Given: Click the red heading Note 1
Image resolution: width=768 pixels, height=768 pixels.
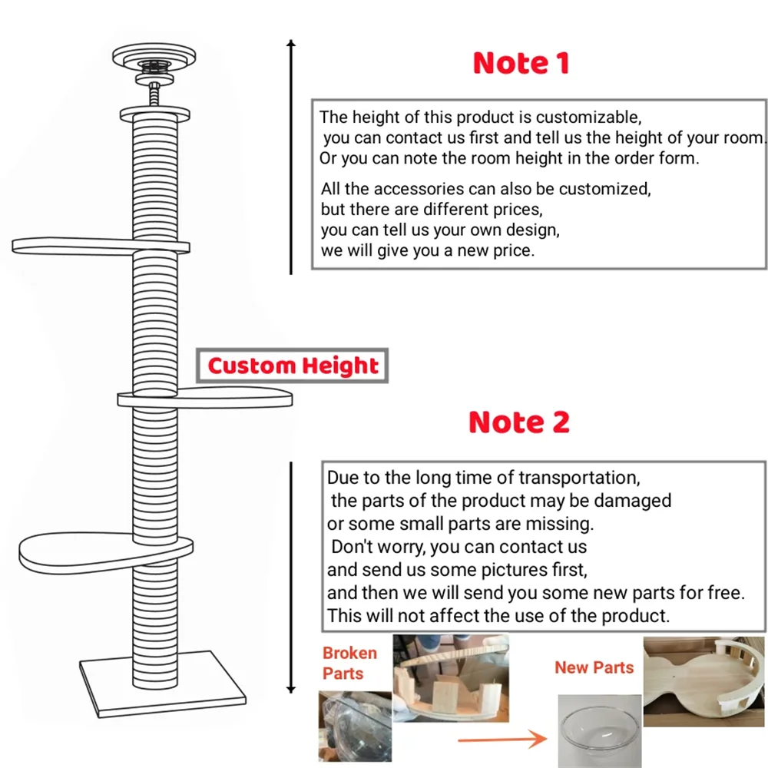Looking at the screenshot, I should tap(521, 64).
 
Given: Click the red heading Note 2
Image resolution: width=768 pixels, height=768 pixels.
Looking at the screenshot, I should tap(519, 422).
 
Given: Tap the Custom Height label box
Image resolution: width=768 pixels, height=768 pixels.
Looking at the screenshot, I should tap(293, 366).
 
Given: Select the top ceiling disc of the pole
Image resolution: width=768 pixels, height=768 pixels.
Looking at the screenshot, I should tap(154, 55).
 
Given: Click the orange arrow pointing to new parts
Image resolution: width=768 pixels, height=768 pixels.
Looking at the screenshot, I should tap(503, 739).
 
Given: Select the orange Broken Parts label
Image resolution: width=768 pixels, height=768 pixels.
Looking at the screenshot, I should tap(349, 663).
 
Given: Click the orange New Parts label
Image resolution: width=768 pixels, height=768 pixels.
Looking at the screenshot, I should tap(594, 667).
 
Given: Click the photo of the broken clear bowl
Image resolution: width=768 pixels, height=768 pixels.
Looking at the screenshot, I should tap(353, 726).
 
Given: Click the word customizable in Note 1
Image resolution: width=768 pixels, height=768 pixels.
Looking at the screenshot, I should tap(588, 118).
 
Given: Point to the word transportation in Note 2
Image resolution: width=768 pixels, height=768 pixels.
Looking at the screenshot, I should tap(578, 478).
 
